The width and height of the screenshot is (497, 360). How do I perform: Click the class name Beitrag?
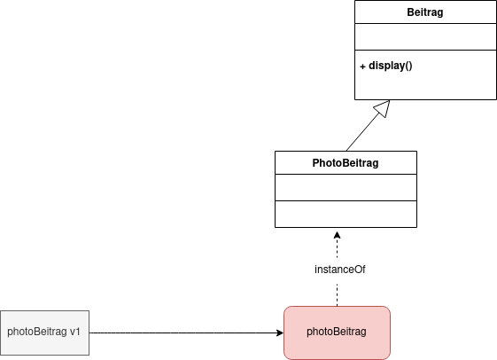[x=424, y=12]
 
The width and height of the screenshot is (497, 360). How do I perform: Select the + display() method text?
[x=386, y=66]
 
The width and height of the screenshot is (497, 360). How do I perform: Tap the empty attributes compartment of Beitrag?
[x=425, y=36]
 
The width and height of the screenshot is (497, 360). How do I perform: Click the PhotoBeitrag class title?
[x=346, y=163]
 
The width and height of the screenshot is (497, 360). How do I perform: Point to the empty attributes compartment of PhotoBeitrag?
[x=346, y=187]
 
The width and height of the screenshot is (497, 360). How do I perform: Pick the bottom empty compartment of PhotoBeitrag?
[x=346, y=214]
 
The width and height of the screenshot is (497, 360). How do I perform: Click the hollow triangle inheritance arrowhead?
[x=382, y=109]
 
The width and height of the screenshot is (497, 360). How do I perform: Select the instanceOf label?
[x=340, y=270]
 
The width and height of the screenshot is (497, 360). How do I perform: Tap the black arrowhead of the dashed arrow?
[x=337, y=235]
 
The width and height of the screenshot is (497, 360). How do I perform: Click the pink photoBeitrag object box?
[x=337, y=333]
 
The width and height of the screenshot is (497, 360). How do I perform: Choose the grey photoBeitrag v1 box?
[x=44, y=333]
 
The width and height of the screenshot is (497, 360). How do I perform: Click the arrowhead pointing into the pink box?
[x=280, y=333]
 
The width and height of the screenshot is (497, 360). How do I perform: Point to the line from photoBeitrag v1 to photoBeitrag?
[x=186, y=333]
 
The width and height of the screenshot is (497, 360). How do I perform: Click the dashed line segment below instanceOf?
[x=337, y=295]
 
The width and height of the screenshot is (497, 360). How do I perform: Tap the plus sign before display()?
[x=362, y=67]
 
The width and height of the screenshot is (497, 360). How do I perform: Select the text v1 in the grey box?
[x=74, y=332]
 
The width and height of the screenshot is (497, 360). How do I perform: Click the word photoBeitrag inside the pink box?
[x=337, y=332]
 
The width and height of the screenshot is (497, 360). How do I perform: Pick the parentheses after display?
[x=408, y=66]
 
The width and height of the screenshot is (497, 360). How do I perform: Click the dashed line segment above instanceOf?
[x=337, y=248]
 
